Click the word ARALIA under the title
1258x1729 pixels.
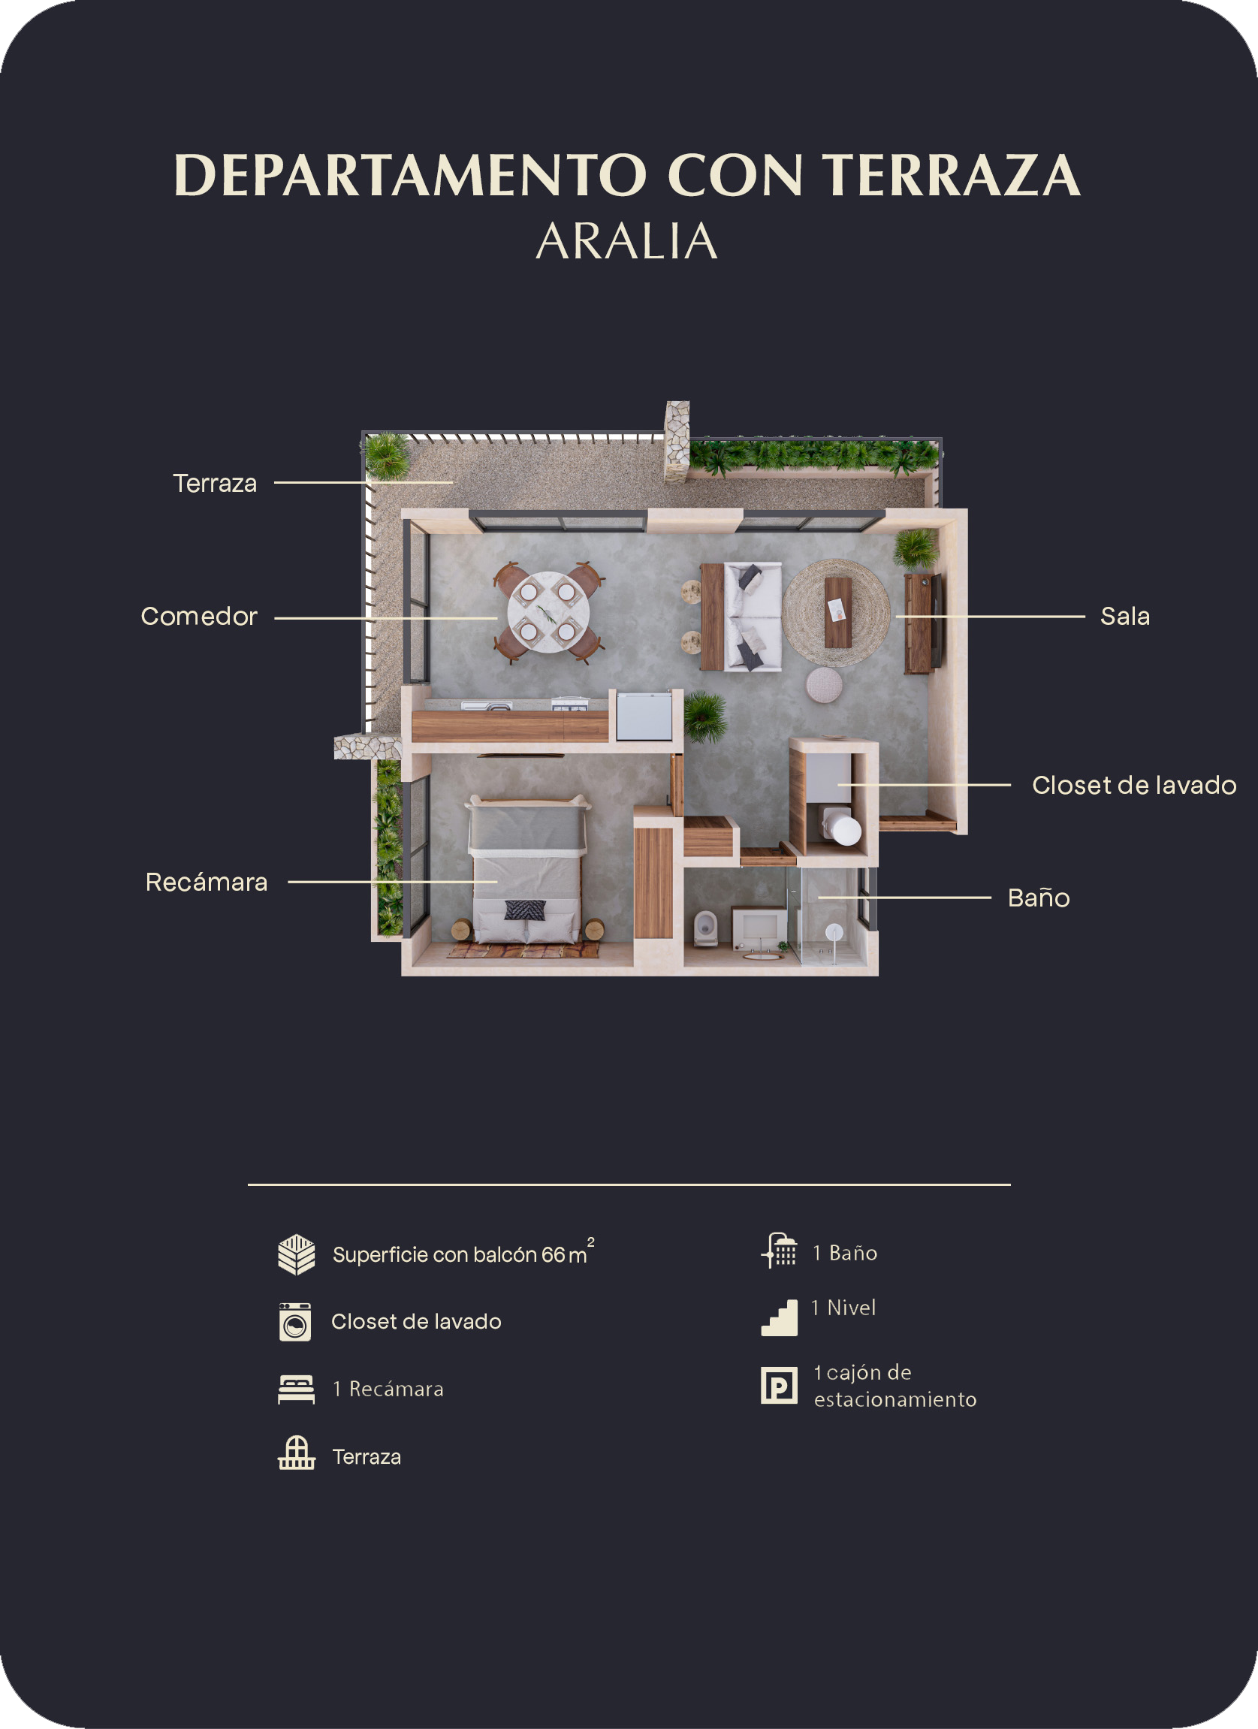(626, 242)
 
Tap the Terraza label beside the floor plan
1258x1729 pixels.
(215, 484)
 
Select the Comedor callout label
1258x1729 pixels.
(199, 616)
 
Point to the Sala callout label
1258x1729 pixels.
(1124, 616)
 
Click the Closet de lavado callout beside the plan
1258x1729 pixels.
(1134, 785)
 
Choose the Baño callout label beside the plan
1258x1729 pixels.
(1039, 898)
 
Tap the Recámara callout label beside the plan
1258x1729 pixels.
(207, 882)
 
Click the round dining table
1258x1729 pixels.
(548, 612)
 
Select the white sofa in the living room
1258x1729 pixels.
(753, 617)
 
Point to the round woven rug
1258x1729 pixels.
(837, 613)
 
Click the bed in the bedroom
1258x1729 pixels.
(526, 871)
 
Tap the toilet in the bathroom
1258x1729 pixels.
(705, 927)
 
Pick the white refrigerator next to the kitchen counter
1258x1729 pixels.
(644, 715)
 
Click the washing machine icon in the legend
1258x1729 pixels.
(295, 1322)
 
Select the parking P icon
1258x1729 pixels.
(779, 1385)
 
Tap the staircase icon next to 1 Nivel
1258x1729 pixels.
(779, 1317)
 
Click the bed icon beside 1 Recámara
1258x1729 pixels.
(297, 1389)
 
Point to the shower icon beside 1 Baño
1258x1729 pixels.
(779, 1251)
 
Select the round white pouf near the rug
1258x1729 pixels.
(824, 683)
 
